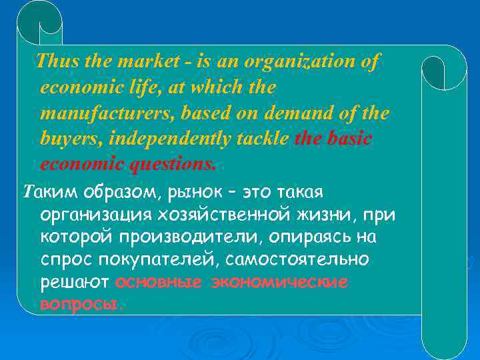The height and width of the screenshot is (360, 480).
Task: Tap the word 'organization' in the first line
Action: pyautogui.click(x=301, y=62)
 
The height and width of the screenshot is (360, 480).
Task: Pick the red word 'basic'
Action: pyautogui.click(x=348, y=139)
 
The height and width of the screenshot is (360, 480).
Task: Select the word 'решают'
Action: pyautogui.click(x=75, y=282)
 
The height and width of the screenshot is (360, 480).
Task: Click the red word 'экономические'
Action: pyautogui.click(x=279, y=282)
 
